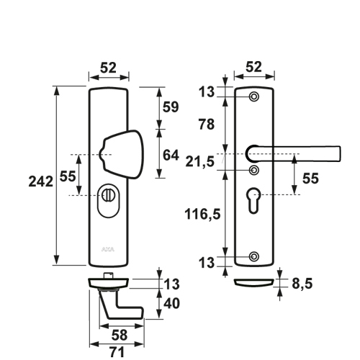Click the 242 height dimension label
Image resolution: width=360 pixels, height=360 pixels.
(x=41, y=181)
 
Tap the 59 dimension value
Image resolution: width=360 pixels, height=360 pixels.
(x=171, y=107)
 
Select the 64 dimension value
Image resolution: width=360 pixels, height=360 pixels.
(x=171, y=156)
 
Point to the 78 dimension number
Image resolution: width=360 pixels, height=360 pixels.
(x=206, y=125)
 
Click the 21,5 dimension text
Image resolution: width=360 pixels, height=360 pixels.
(x=199, y=162)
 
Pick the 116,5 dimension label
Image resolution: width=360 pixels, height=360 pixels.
(x=202, y=214)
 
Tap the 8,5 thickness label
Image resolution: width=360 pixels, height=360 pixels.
(x=302, y=284)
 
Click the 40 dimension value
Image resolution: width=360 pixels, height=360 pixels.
(x=171, y=303)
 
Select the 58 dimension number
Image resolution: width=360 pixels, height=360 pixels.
(x=120, y=336)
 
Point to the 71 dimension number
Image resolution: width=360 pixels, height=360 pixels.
(x=117, y=352)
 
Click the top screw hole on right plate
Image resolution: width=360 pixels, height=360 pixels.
(x=254, y=96)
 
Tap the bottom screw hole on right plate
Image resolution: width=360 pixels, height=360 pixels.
(x=254, y=256)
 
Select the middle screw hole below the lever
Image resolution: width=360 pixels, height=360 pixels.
(x=254, y=170)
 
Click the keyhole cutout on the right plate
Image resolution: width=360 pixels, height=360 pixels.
(x=253, y=200)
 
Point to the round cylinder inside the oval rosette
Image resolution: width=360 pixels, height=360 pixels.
(x=108, y=195)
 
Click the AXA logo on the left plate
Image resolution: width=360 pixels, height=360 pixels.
(x=108, y=250)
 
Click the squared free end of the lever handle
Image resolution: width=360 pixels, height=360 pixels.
(x=339, y=153)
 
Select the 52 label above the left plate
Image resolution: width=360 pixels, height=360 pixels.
(x=108, y=68)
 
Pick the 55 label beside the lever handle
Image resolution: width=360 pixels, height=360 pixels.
(x=310, y=179)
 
